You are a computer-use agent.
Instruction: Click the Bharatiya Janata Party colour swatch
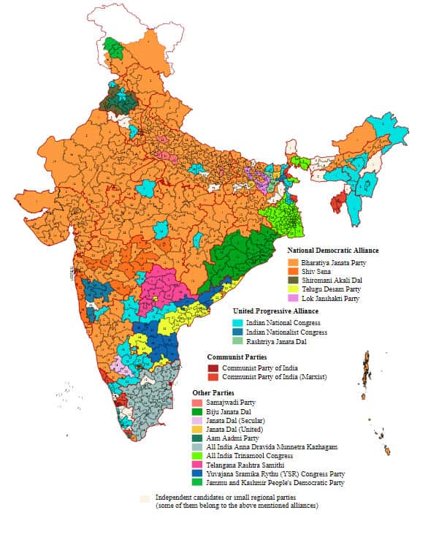click(x=295, y=262)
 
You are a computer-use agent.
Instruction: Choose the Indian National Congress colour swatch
click(x=238, y=321)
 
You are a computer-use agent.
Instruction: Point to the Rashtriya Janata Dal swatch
click(x=238, y=341)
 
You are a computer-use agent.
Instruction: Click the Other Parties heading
click(x=213, y=392)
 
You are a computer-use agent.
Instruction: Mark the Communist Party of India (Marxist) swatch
click(x=213, y=377)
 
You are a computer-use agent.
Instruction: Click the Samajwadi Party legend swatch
click(x=198, y=403)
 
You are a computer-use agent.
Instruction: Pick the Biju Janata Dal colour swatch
click(x=198, y=412)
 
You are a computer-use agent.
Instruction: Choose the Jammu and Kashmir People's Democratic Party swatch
click(x=198, y=482)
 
